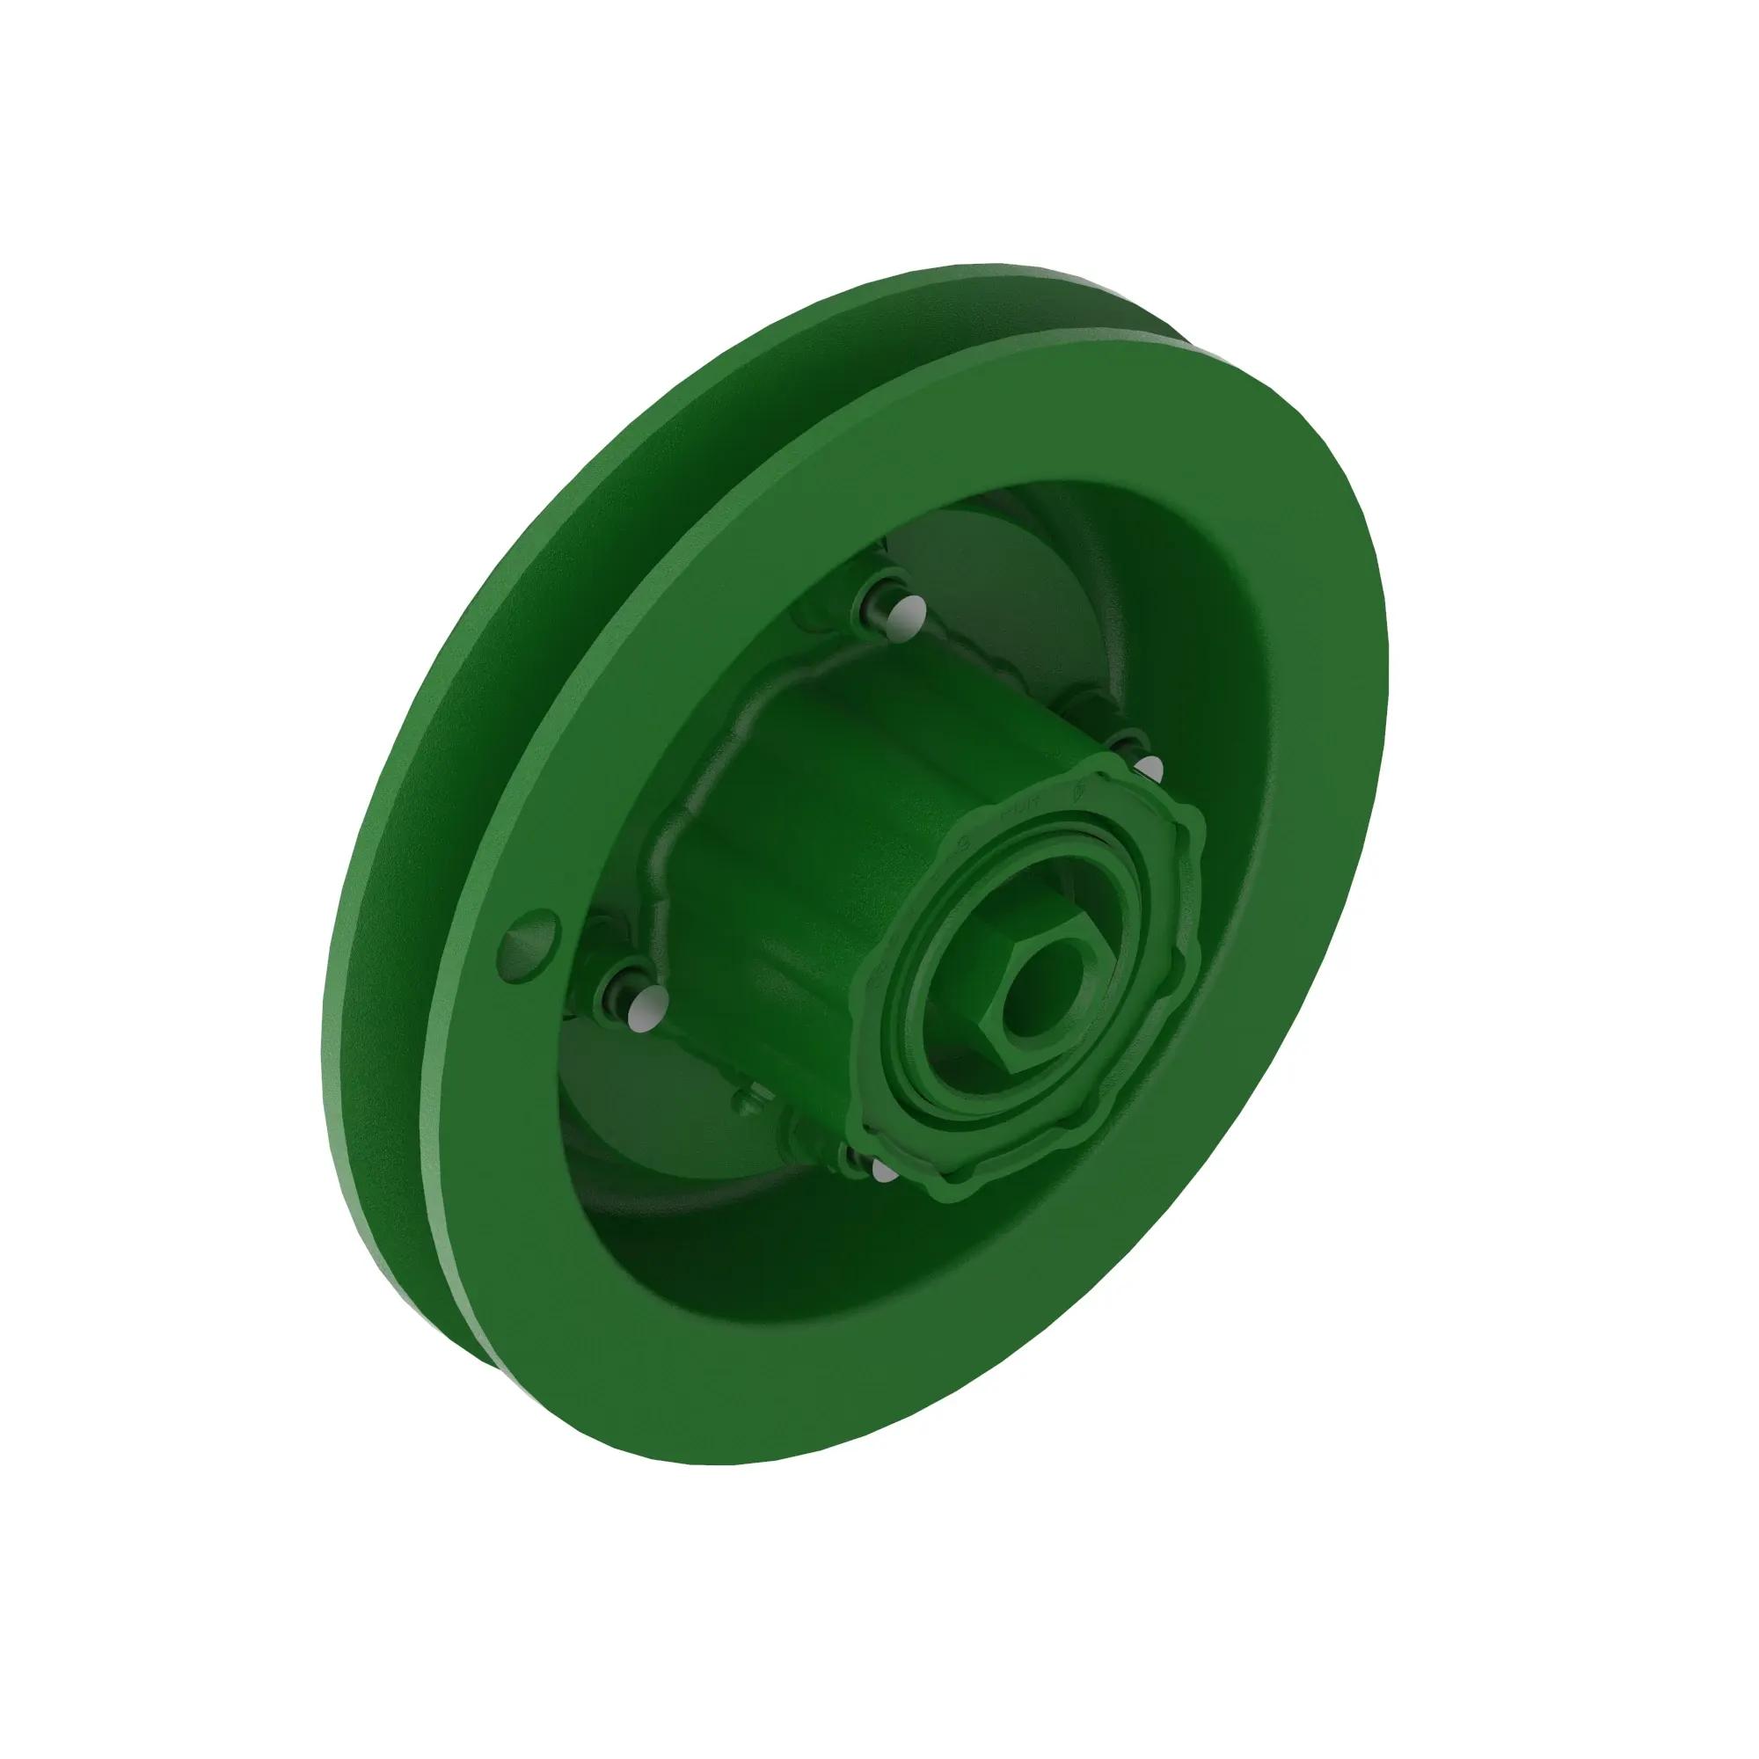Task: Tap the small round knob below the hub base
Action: (x=746, y=1105)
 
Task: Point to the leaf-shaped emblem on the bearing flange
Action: (x=1082, y=788)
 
